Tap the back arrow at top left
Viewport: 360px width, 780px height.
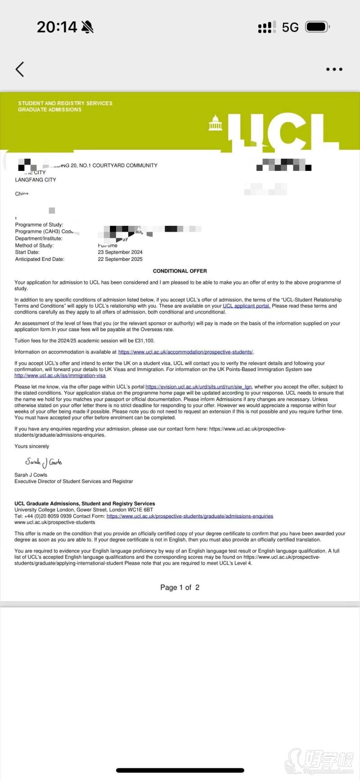pyautogui.click(x=19, y=69)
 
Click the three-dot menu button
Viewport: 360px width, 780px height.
pyautogui.click(x=334, y=69)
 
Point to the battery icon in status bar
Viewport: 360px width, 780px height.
pyautogui.click(x=317, y=27)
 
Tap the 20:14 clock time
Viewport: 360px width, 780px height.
pyautogui.click(x=57, y=27)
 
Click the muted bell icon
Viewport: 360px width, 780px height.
pyautogui.click(x=87, y=27)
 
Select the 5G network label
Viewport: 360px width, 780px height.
pyautogui.click(x=290, y=27)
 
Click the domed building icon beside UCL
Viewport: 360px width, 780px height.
pyautogui.click(x=216, y=123)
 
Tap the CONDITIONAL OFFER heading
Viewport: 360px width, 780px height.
pyautogui.click(x=180, y=271)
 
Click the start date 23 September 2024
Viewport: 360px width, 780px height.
pyautogui.click(x=120, y=252)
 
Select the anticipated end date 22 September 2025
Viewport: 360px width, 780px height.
pyautogui.click(x=120, y=259)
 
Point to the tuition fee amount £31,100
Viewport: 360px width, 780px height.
pyautogui.click(x=144, y=341)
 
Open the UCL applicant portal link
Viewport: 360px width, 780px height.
pyautogui.click(x=247, y=306)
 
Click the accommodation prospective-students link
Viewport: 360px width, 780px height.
pyautogui.click(x=185, y=352)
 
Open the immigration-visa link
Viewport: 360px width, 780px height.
pyautogui.click(x=60, y=376)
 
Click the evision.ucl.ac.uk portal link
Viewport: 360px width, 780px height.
pyautogui.click(x=198, y=387)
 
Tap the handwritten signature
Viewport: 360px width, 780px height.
pyautogui.click(x=44, y=462)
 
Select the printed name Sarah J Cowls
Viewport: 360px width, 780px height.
pyautogui.click(x=31, y=475)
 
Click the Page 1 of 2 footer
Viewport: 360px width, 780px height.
pyautogui.click(x=180, y=587)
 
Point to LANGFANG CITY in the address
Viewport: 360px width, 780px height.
pyautogui.click(x=36, y=180)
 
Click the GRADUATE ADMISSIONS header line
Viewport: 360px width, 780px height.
pyautogui.click(x=49, y=110)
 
